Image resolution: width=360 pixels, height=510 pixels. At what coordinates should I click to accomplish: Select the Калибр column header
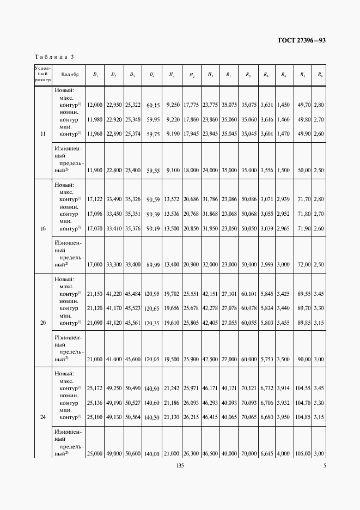tap(70, 74)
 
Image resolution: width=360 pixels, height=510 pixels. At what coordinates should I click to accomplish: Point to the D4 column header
tap(152, 74)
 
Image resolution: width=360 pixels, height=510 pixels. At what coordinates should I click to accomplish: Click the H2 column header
tap(192, 74)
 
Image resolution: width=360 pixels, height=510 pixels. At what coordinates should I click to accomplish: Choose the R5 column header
tap(303, 74)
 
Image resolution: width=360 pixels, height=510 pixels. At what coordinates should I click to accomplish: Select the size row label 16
tap(42, 228)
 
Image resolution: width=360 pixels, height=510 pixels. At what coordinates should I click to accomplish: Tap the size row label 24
tap(42, 417)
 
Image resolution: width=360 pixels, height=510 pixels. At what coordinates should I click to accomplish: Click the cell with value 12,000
tap(95, 104)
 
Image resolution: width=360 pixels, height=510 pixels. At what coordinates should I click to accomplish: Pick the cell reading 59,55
tap(152, 170)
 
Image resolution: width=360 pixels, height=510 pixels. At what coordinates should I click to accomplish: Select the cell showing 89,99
tap(152, 264)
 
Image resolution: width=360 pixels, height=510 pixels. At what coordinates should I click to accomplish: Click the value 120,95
tap(151, 294)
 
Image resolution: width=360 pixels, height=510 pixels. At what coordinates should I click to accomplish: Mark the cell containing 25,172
tap(95, 388)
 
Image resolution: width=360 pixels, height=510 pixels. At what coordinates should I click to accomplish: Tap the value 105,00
tap(302, 453)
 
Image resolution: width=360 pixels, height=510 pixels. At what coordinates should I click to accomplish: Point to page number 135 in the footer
tap(180, 465)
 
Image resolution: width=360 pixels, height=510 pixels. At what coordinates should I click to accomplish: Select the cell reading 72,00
tap(303, 264)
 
